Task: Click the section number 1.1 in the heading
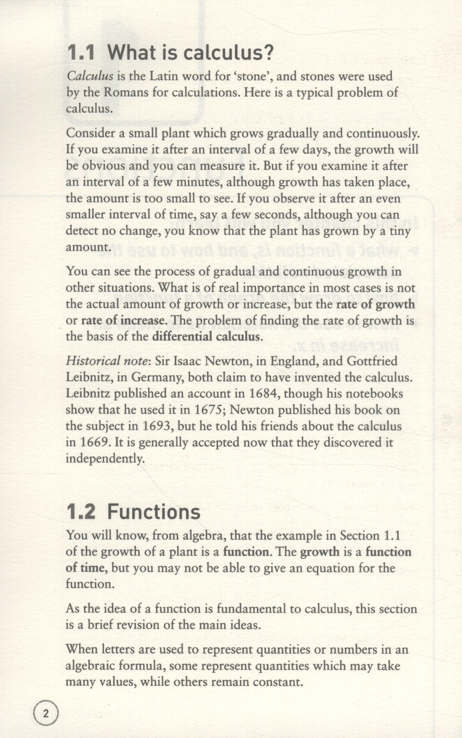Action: click(x=81, y=52)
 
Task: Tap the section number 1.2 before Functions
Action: click(x=81, y=512)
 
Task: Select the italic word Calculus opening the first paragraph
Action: click(x=90, y=76)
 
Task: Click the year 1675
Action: click(x=208, y=410)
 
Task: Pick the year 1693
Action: click(x=157, y=426)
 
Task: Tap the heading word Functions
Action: click(x=154, y=512)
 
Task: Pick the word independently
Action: click(x=105, y=459)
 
